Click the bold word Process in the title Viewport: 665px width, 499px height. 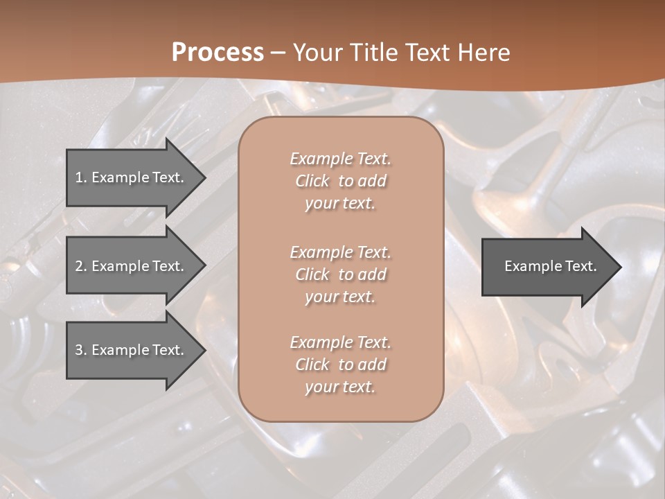coord(218,53)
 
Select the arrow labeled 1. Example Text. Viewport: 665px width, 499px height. coord(132,177)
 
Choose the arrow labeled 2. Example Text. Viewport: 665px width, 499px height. coord(132,266)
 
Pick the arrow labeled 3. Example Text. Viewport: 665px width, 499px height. coord(132,350)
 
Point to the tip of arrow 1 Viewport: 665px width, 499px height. coord(204,177)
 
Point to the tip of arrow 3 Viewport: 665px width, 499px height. coord(204,350)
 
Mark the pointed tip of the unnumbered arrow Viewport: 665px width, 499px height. coord(620,267)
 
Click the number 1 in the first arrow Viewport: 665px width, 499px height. coord(79,177)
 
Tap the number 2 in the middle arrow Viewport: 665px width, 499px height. coord(79,266)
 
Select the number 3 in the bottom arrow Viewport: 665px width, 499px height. coord(79,350)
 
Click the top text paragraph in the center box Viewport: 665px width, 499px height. coord(340,181)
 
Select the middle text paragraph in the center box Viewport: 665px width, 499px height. coord(340,274)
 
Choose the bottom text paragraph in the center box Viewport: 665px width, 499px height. coord(340,365)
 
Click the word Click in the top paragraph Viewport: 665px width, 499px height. coord(312,181)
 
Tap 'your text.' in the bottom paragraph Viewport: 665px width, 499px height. coord(340,387)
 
